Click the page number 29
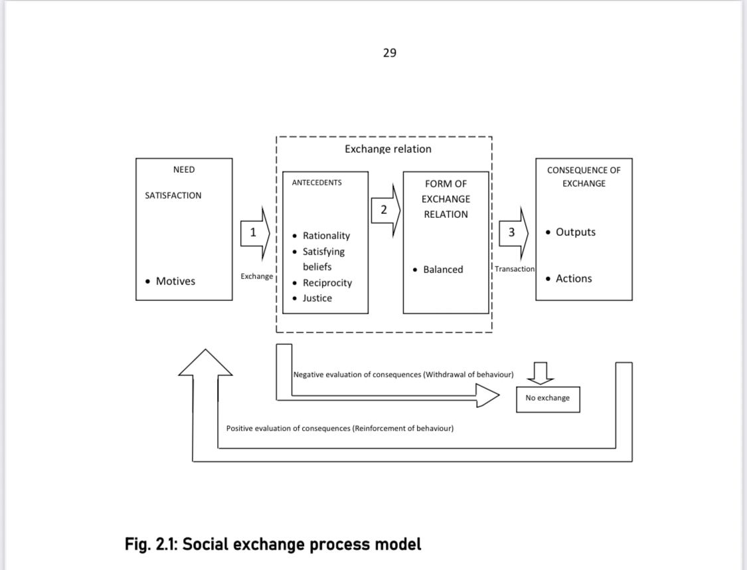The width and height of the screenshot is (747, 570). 389,53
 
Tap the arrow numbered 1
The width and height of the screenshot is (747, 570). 255,233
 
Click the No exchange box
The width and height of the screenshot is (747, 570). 548,399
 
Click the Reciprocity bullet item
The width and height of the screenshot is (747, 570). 327,283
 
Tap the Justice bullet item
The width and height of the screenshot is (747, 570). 317,298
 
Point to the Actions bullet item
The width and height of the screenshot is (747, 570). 573,279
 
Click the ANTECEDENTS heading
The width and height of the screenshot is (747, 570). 317,182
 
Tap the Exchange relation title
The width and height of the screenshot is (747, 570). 388,149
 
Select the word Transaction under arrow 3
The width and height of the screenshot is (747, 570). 515,269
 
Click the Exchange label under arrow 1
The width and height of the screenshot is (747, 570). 257,276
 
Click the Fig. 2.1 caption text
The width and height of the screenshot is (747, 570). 273,545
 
